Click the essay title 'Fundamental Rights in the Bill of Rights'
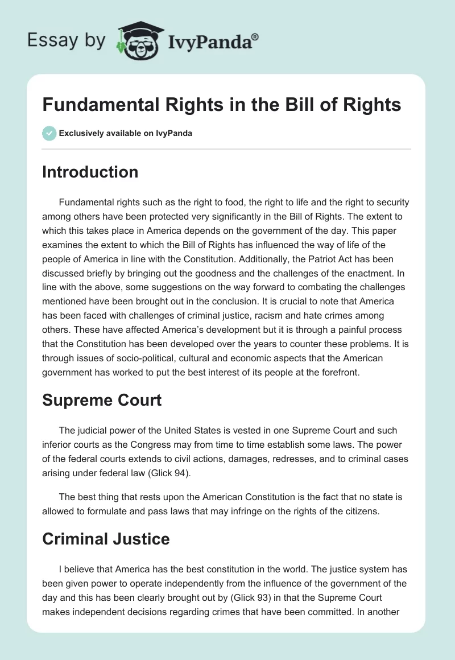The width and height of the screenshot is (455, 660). pos(222,105)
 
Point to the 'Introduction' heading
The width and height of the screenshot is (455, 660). pos(90,172)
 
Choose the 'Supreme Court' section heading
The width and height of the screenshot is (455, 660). pos(102,400)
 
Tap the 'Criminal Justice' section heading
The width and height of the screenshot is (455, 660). pos(106,539)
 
